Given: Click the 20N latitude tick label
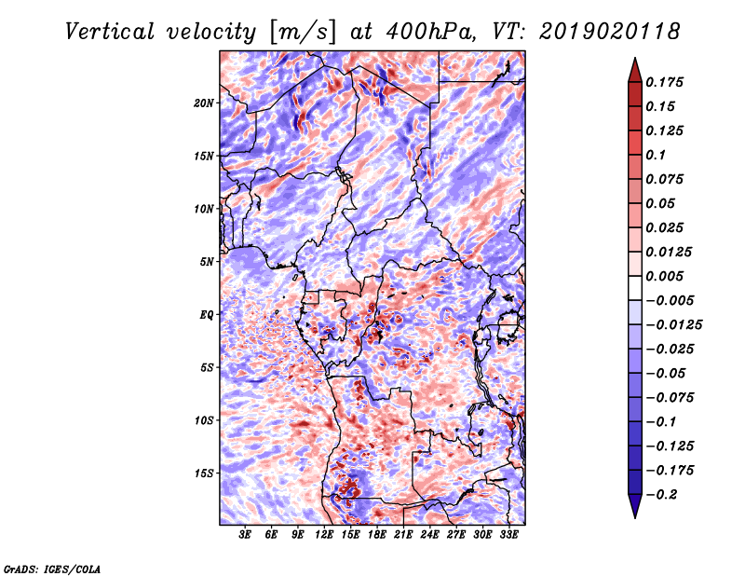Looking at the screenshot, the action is tap(204, 103).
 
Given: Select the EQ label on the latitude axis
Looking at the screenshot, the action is tap(207, 315).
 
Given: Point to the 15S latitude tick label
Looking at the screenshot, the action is tap(204, 473).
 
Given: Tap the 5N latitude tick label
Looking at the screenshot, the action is tap(207, 262).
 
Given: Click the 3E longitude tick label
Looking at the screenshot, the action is tap(245, 535).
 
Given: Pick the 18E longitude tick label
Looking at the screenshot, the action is tap(377, 535).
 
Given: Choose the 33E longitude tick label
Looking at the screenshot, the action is tap(508, 535).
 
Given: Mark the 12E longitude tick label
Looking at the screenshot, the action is tap(324, 535).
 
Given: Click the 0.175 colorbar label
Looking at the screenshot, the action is tap(664, 82).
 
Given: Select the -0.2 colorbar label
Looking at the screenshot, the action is tap(660, 495).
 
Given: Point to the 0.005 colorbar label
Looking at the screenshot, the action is tap(664, 276).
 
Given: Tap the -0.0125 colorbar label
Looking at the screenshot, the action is tap(673, 325).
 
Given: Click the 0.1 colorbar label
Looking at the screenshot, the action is tap(656, 155).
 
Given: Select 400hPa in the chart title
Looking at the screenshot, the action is tap(429, 32).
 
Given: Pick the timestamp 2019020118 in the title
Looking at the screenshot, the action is tap(610, 32).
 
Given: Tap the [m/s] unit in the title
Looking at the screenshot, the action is tap(303, 33).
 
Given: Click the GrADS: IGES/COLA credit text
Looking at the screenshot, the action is tap(52, 569).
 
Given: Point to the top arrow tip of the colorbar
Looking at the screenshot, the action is tap(635, 58).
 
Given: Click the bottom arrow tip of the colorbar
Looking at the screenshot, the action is tap(635, 518).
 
